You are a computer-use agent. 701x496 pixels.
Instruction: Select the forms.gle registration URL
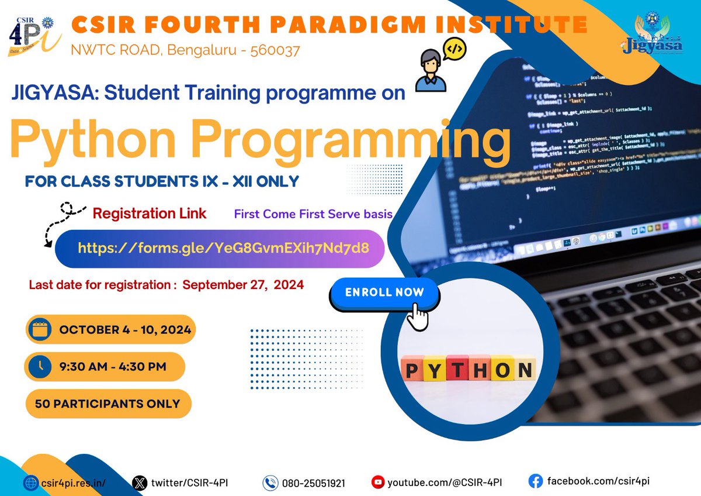tap(223, 248)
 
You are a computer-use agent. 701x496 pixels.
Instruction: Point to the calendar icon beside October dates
tap(40, 329)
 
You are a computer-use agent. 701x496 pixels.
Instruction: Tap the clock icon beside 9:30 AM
tap(41, 367)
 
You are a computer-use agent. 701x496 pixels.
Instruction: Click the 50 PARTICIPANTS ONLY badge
tap(108, 404)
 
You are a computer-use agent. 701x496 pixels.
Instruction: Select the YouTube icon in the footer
tap(379, 483)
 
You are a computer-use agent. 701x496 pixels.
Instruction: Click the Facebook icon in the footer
tap(535, 481)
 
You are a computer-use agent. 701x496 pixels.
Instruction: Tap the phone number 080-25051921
tap(313, 483)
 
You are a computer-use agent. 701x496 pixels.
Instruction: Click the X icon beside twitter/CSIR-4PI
tap(139, 483)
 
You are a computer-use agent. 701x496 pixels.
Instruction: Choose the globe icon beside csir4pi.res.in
tap(30, 483)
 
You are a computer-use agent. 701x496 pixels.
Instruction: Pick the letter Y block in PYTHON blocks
tap(435, 368)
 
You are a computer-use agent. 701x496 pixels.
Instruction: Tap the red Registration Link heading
tap(150, 213)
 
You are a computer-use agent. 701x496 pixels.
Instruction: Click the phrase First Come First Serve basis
tap(313, 214)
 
